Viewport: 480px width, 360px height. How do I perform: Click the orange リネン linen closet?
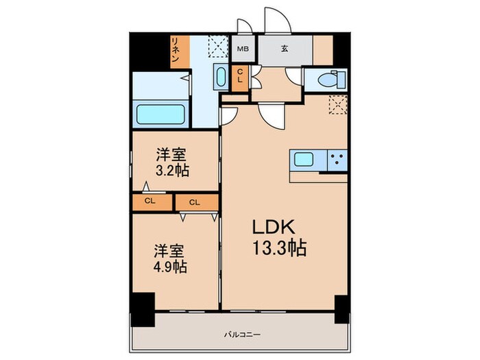point(176,51)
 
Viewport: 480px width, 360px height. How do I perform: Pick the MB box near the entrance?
point(243,49)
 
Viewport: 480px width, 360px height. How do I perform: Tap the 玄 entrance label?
point(284,49)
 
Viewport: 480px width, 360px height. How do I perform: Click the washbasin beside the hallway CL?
point(221,77)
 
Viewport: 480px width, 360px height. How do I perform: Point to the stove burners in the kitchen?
point(337,159)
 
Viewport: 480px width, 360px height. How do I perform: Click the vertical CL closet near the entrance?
point(240,77)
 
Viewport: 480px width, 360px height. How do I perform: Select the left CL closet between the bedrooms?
point(149,202)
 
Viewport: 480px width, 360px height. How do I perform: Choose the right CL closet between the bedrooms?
point(195,202)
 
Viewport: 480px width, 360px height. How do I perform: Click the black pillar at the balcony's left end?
point(143,309)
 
